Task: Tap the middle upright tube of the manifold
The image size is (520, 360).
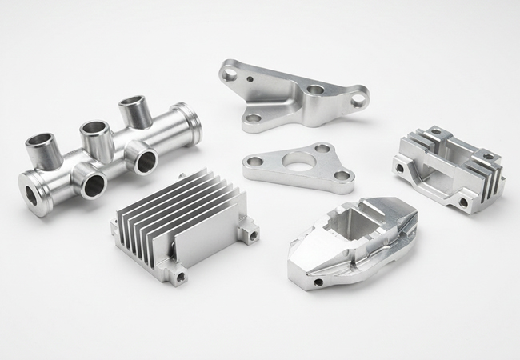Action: click(93, 132)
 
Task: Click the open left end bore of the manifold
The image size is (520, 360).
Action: click(31, 193)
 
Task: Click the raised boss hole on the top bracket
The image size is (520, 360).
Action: click(317, 90)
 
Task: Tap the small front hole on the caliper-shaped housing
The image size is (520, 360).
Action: click(319, 282)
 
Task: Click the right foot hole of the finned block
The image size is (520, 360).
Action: click(463, 202)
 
